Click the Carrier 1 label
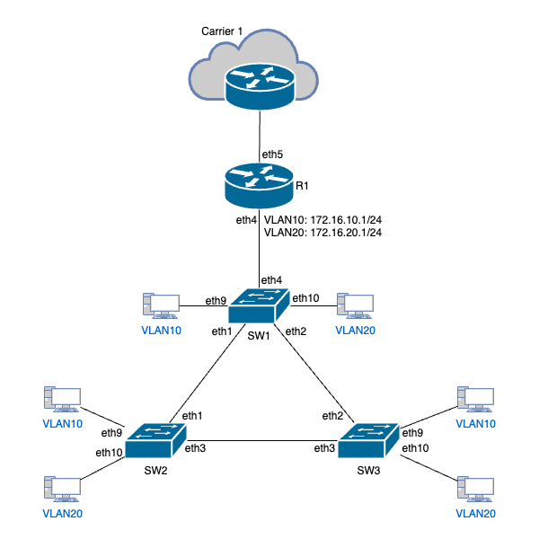coord(223,33)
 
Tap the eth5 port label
coord(272,155)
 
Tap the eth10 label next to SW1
coord(306,298)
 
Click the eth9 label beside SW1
coord(216,300)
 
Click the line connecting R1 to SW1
coord(259,243)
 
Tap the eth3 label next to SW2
coord(197,447)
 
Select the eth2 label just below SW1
coord(296,331)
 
